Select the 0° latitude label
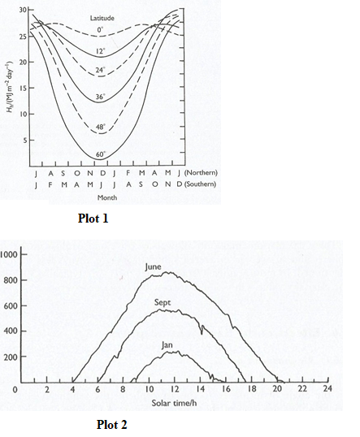pos(102,31)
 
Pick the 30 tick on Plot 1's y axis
pos(24,9)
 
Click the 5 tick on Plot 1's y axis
pos(25,140)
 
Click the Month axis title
pos(106,197)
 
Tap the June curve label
pos(158,266)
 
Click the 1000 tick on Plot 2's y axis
pos(10,254)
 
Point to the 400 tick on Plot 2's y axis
pos(11,331)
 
